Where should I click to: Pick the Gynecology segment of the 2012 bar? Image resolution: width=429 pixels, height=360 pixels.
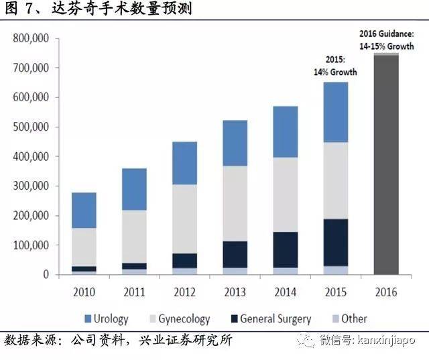[x=185, y=219]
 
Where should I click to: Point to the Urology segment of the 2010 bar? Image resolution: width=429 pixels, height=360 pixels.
[x=84, y=210]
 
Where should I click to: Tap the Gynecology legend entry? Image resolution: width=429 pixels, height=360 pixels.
[x=175, y=318]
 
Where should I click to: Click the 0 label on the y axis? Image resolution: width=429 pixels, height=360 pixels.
[x=46, y=274]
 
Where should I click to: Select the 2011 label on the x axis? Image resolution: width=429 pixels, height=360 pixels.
[x=134, y=292]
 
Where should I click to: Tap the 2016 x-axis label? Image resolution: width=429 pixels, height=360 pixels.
[x=387, y=292]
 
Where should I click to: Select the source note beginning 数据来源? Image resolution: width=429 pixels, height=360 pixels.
[x=118, y=340]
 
